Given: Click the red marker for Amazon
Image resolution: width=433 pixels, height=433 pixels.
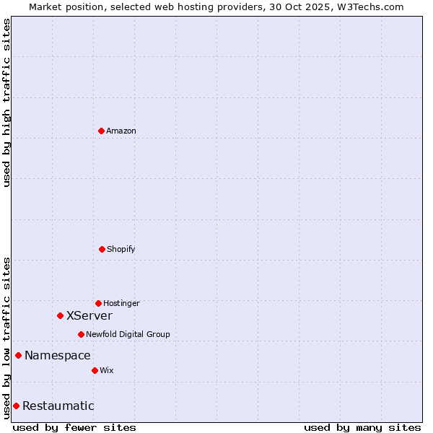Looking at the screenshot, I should tap(101, 131).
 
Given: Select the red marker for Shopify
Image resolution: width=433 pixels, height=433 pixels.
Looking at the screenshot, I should tap(102, 249).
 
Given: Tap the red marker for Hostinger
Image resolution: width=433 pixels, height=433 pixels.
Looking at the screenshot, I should tap(98, 303).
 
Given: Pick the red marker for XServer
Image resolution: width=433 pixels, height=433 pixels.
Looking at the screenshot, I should tap(60, 315).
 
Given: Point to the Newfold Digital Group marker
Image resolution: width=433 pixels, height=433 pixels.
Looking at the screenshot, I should tap(81, 334).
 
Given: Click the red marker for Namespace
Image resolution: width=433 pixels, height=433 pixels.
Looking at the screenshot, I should tap(18, 355).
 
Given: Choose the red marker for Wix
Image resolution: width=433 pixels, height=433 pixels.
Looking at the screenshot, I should tap(95, 370).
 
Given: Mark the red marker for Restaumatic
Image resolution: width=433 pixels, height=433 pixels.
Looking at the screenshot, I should tap(16, 406).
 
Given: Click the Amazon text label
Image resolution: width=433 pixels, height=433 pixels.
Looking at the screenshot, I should tap(121, 131).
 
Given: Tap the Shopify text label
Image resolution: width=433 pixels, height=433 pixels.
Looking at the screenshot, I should tap(121, 249).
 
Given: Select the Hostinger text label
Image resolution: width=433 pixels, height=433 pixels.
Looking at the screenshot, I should tap(121, 303).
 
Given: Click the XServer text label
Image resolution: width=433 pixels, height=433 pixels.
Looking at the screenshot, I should tap(89, 315).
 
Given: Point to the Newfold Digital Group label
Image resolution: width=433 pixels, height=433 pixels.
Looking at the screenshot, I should tap(128, 334).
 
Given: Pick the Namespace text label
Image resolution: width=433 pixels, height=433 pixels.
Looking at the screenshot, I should tap(58, 355).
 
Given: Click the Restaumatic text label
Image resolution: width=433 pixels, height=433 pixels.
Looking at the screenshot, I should tap(58, 406).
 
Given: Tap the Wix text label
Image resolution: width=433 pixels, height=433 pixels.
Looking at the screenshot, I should tap(107, 370).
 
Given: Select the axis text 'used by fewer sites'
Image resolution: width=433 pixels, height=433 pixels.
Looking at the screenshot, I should tap(74, 427).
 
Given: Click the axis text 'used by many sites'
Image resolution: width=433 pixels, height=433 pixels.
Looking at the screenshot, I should tap(362, 427).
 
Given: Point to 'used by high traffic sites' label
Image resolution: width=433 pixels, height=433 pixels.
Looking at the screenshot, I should tap(6, 102).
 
